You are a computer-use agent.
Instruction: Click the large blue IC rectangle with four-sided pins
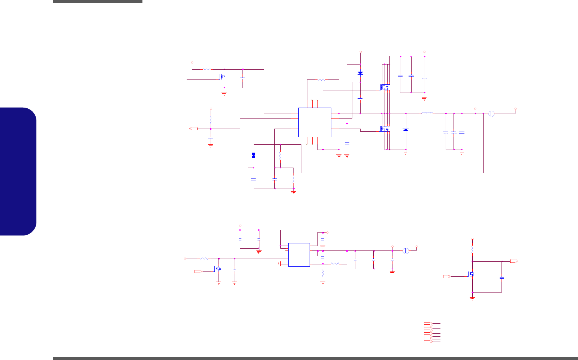click(x=314, y=122)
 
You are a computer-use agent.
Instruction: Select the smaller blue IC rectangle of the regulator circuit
click(x=299, y=255)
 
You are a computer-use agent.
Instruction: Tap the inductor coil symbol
click(x=427, y=113)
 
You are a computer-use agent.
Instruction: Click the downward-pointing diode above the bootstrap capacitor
click(x=360, y=73)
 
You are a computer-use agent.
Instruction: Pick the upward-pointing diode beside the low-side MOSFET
click(x=406, y=130)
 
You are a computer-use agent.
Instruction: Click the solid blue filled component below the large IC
click(x=254, y=155)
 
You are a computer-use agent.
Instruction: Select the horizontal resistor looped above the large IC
click(x=322, y=79)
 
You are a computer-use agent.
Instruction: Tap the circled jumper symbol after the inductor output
click(x=492, y=113)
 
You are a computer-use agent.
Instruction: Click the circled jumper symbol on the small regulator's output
click(x=406, y=250)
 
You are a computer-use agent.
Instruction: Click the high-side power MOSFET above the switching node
click(x=384, y=88)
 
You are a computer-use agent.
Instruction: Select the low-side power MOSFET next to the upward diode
click(x=384, y=129)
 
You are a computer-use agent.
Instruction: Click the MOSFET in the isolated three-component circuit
click(x=471, y=274)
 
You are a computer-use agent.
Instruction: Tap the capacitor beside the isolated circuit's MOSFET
click(x=502, y=277)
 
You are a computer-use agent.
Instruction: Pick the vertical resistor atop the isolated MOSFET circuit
click(x=473, y=249)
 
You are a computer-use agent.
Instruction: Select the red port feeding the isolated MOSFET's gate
click(x=446, y=276)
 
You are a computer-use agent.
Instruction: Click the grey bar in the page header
click(x=98, y=1)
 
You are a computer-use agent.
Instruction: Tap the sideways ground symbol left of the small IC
click(x=280, y=264)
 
